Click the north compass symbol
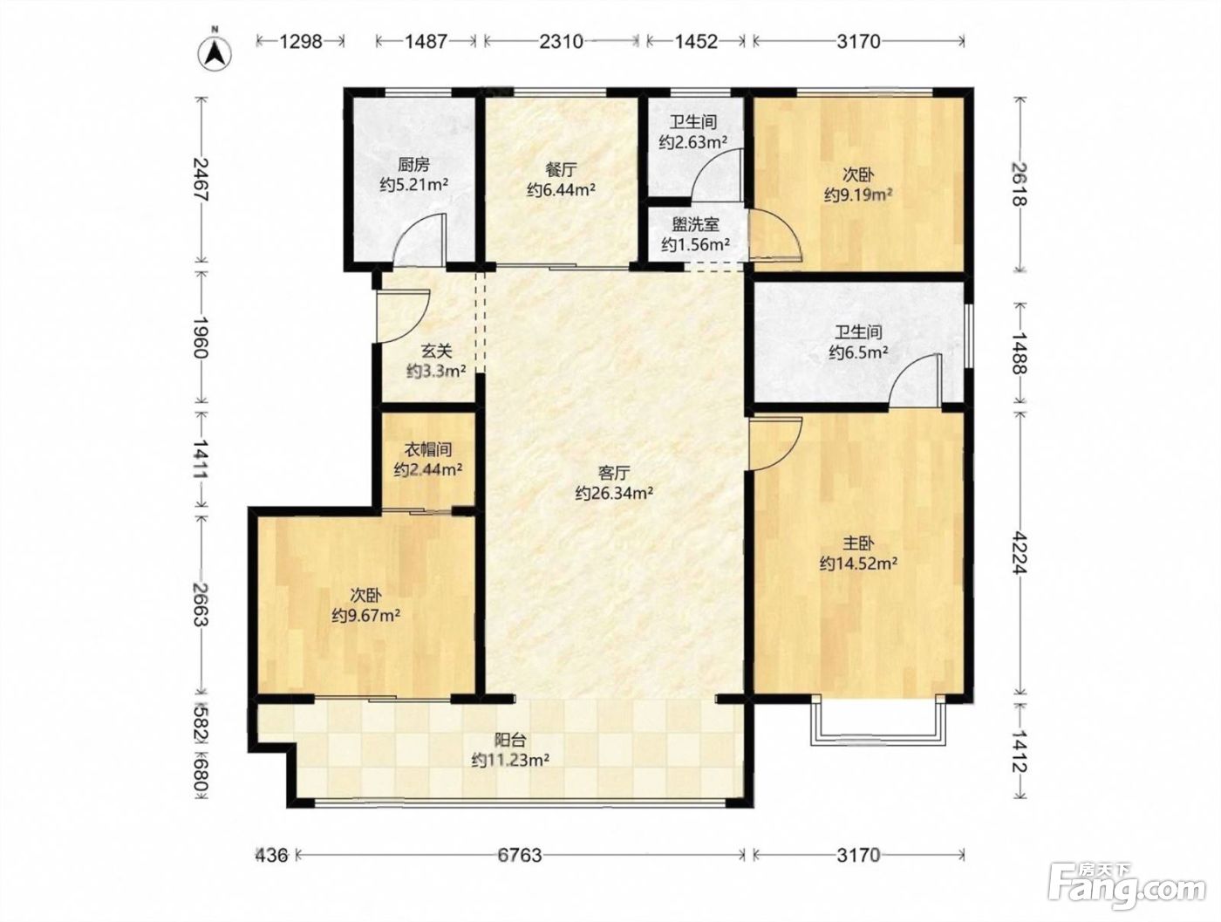(x=215, y=53)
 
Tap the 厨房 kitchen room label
(x=413, y=165)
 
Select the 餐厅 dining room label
(x=562, y=169)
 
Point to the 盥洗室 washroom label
(x=696, y=224)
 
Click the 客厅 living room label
(x=614, y=473)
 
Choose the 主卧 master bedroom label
(x=858, y=543)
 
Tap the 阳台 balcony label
(x=510, y=740)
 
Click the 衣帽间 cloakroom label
(x=427, y=448)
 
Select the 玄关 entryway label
(x=436, y=351)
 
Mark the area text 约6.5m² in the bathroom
(x=858, y=352)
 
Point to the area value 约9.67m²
(x=366, y=616)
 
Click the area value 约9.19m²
(x=858, y=195)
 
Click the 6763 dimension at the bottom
(x=519, y=855)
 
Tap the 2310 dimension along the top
(x=562, y=41)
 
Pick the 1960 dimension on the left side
(x=201, y=338)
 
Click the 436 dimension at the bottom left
(x=272, y=855)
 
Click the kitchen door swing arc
(x=412, y=228)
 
